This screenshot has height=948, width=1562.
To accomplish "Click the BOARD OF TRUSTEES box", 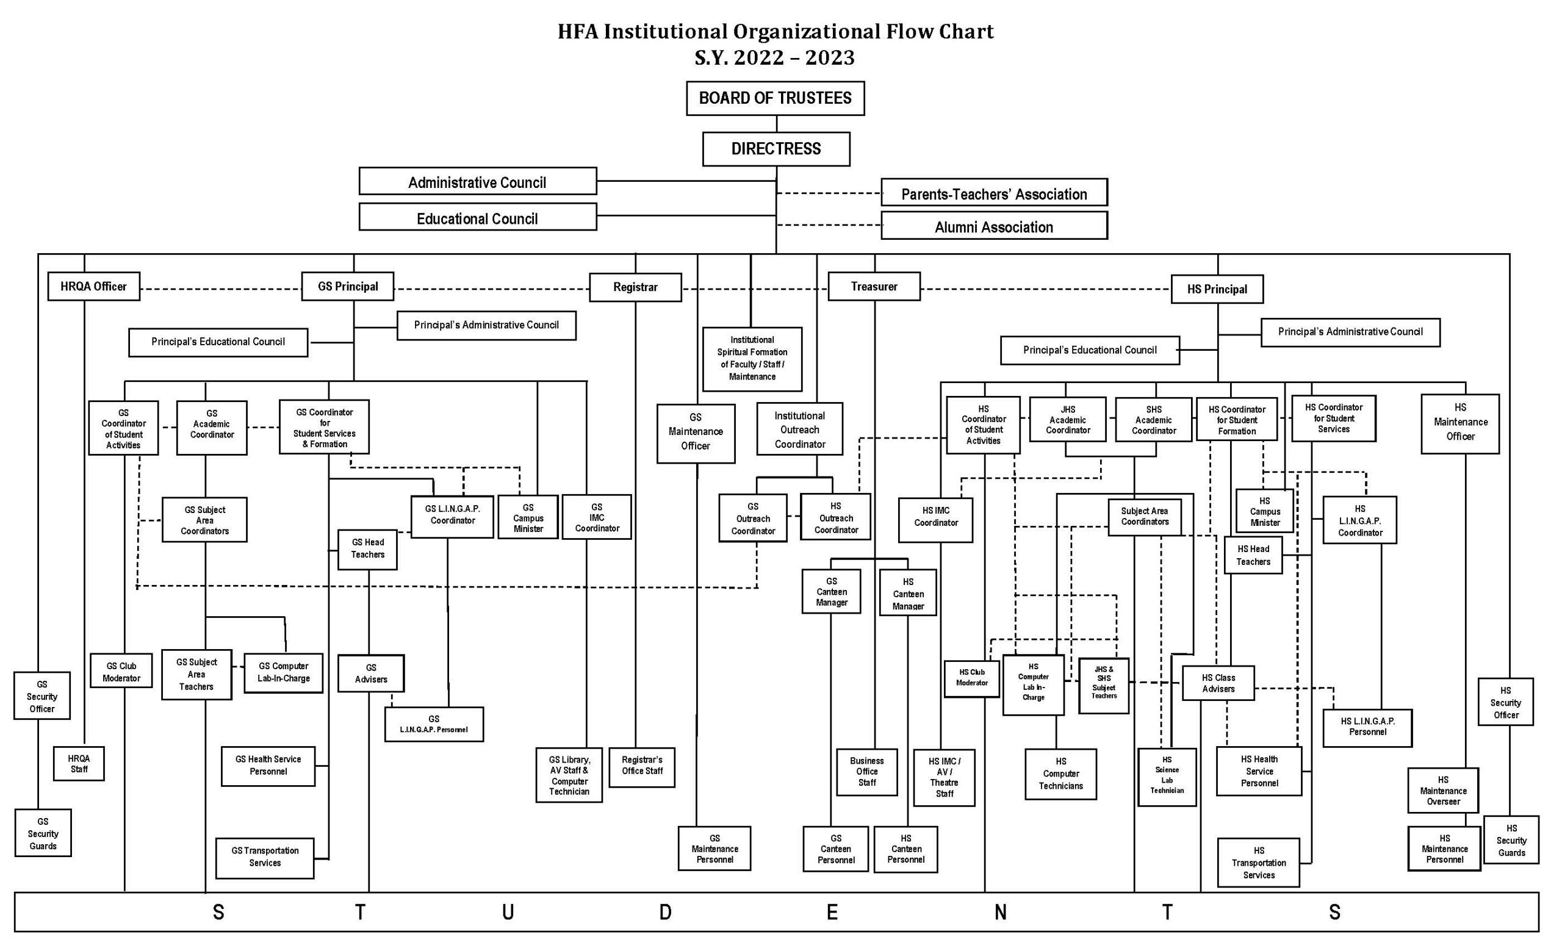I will tap(775, 98).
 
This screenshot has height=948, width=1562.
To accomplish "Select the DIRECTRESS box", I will tap(776, 149).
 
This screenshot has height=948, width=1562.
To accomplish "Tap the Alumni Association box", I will tap(993, 226).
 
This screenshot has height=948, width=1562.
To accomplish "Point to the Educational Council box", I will tap(477, 217).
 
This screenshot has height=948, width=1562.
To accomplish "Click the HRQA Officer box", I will tap(94, 287).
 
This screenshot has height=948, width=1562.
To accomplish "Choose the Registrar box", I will tap(635, 287).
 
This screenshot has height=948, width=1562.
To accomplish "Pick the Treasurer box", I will tap(874, 287).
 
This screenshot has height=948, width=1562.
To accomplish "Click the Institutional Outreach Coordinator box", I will tap(799, 429).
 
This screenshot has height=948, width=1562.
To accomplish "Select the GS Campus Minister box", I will tap(528, 518).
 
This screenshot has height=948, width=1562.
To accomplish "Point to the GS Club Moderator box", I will tap(121, 672).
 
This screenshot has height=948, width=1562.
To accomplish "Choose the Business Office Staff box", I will tap(866, 772).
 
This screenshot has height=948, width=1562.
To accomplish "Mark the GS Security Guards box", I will tap(43, 833).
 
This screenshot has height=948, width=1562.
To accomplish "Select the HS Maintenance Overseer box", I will tap(1443, 790).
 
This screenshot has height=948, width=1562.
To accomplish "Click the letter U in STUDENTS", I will tap(508, 912).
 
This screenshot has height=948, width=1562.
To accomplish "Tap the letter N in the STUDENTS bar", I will tap(1000, 912).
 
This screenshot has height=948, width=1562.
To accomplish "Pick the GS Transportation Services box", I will tap(265, 856).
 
